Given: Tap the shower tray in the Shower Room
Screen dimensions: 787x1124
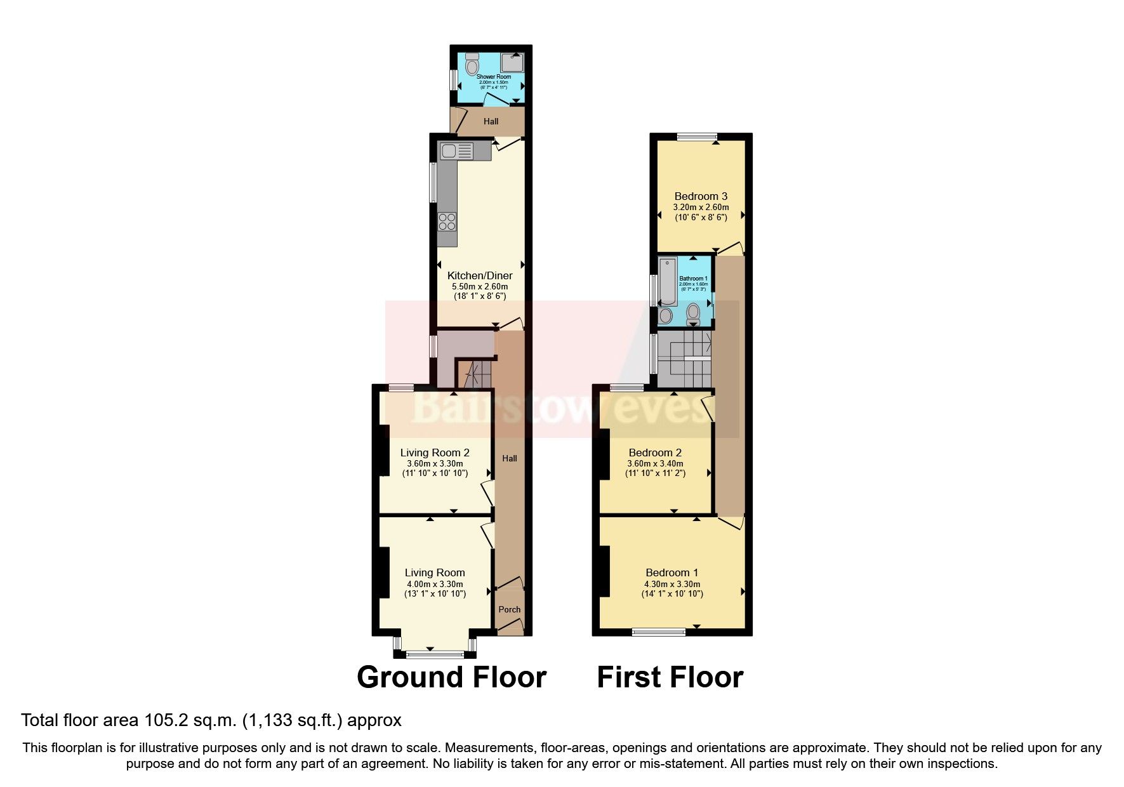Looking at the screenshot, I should [512, 63].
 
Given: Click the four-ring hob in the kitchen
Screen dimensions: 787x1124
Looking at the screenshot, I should [447, 221].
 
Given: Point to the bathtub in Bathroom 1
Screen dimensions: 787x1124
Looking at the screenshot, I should [667, 281].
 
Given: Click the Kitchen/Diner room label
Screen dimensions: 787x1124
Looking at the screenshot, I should [480, 275].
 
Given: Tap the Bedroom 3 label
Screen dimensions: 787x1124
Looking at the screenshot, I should [701, 196].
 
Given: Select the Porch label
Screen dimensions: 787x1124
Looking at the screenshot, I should [509, 609].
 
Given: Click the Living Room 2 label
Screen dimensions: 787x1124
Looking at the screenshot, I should [435, 453].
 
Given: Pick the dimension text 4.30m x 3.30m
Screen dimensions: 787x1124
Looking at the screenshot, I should [672, 584].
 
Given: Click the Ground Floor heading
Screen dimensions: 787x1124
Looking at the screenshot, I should [451, 677].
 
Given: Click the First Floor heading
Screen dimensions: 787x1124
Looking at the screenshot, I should [670, 677].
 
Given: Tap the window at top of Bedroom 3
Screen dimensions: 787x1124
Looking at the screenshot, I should [696, 136].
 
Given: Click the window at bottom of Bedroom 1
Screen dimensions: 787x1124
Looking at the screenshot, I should [659, 632].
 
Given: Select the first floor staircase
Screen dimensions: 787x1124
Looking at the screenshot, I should [684, 360].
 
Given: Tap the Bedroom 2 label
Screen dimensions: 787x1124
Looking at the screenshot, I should [655, 453].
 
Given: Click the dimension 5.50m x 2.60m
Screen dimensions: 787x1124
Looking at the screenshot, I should [480, 286].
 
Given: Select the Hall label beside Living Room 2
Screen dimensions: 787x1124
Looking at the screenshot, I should [510, 458].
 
